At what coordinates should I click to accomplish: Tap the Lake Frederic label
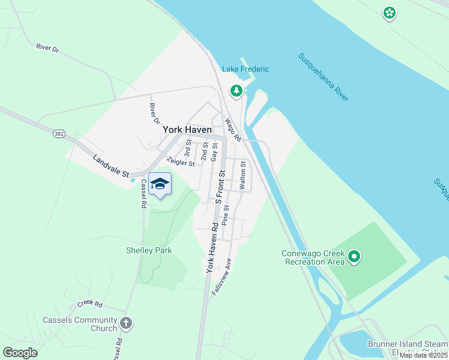[246, 70]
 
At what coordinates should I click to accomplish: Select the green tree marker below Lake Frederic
[237, 91]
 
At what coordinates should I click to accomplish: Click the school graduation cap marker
[160, 184]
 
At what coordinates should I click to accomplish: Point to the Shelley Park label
[149, 250]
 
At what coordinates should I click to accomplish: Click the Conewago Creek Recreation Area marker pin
[354, 257]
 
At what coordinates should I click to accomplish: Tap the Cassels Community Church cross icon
[125, 323]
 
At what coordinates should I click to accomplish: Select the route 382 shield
[59, 133]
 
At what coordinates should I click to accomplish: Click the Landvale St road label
[111, 167]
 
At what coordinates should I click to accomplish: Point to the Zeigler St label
[181, 162]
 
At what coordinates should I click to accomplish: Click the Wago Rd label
[233, 130]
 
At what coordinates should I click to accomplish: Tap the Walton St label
[243, 175]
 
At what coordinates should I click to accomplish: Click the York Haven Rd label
[212, 248]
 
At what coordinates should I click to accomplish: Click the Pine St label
[226, 214]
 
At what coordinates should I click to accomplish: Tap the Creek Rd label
[90, 305]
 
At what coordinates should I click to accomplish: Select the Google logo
[20, 352]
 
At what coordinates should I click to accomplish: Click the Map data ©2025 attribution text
[423, 355]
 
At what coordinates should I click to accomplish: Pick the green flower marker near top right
[390, 12]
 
